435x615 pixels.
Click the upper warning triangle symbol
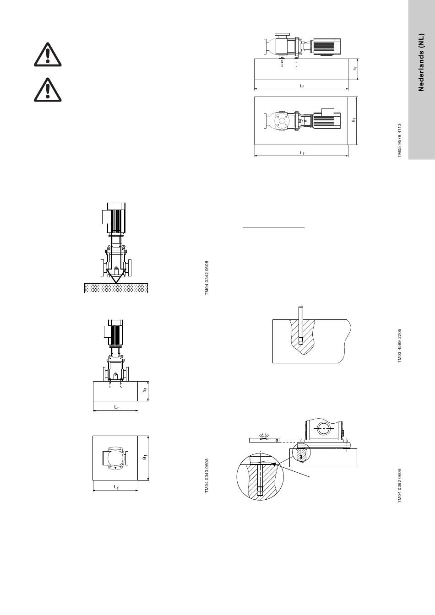tap(48, 54)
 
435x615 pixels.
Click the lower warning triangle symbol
tap(48, 90)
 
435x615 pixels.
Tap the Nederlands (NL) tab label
tap(421, 62)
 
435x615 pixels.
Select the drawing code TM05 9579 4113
tap(400, 140)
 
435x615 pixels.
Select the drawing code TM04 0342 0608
tap(207, 278)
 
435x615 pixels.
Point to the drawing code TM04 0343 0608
tap(207, 475)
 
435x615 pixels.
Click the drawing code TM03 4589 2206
tap(400, 346)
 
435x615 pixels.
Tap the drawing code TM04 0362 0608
tap(400, 486)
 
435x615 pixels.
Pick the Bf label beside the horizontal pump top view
tap(353, 120)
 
